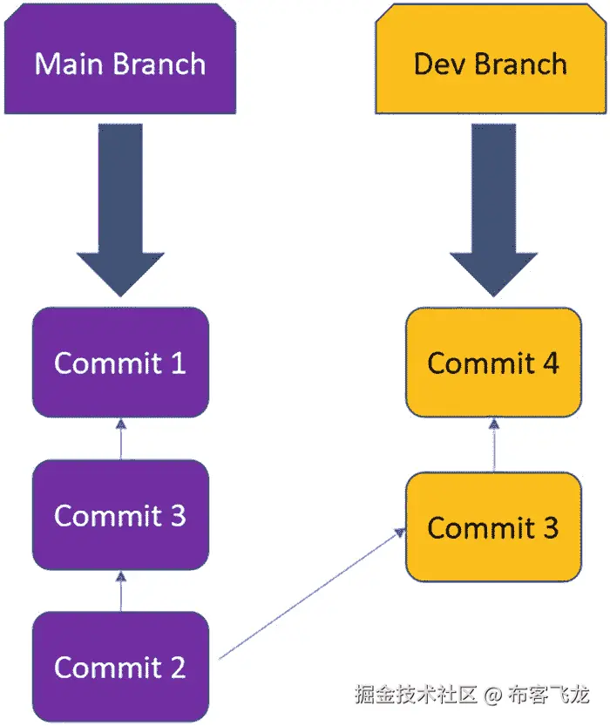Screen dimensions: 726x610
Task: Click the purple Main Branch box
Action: tap(120, 63)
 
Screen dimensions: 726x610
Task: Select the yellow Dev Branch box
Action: tap(490, 63)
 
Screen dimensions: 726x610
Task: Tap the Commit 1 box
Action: tap(120, 363)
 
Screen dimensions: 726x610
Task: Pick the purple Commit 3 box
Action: tap(120, 515)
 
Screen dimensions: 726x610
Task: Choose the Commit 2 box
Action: tap(120, 668)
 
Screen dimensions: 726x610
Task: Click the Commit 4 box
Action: tap(493, 363)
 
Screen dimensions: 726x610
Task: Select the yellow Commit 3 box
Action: tap(493, 527)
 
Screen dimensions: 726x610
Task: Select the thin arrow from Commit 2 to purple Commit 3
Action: tap(120, 590)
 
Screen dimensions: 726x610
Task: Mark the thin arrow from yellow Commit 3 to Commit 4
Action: tap(494, 445)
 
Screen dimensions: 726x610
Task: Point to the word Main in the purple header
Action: tap(68, 64)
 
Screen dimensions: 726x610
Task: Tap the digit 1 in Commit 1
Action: tap(178, 363)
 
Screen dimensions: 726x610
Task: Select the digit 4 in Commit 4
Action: tap(550, 363)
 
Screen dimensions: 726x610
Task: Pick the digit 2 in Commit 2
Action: tap(177, 668)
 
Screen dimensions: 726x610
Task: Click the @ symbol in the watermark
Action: tap(493, 695)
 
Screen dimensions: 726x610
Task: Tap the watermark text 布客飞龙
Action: tap(548, 695)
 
